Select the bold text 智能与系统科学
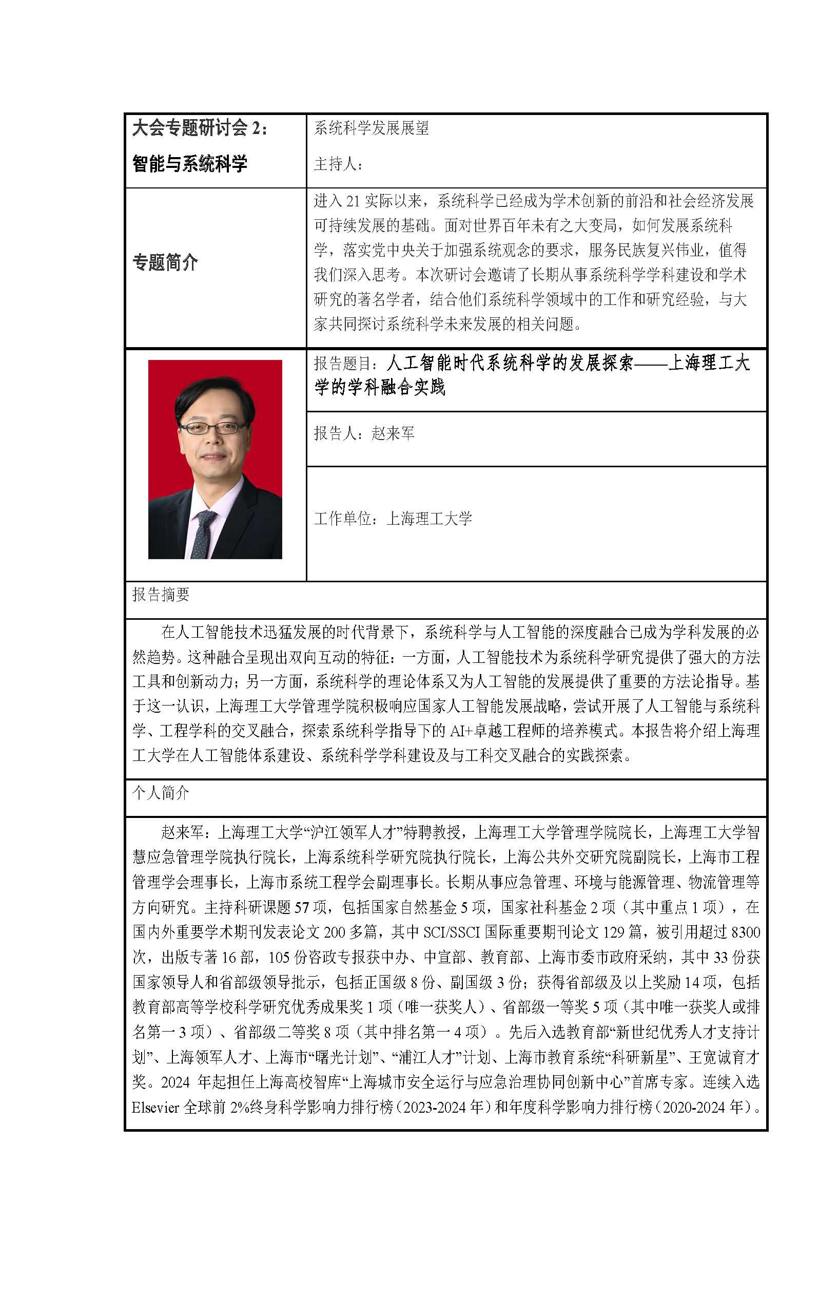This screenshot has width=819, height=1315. point(189,163)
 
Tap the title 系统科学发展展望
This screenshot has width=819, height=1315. point(371,128)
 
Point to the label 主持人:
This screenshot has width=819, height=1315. point(338,164)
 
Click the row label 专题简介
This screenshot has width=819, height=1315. point(165,263)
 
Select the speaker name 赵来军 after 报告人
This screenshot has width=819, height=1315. point(393,433)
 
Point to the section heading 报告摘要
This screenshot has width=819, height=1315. point(161,595)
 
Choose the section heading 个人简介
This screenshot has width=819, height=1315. point(161,793)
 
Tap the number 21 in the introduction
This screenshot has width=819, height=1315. point(353,201)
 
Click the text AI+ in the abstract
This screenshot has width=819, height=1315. point(461,730)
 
